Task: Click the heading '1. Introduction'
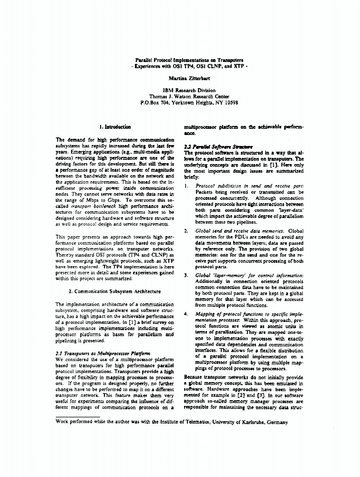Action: coord(114,127)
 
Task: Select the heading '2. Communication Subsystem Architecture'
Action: coord(114,290)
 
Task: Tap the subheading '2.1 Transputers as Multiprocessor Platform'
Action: coord(103,353)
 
